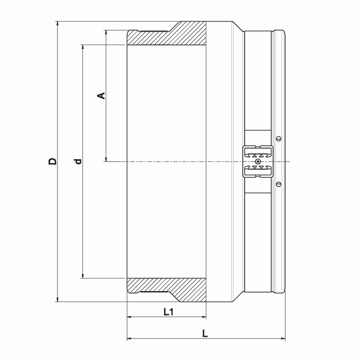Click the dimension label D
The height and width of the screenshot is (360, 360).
(x=52, y=161)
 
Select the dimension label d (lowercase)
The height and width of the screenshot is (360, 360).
(x=78, y=161)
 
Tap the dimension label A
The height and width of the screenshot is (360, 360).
(x=101, y=95)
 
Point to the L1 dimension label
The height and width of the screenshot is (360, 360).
(x=168, y=312)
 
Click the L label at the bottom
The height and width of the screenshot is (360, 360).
(x=205, y=333)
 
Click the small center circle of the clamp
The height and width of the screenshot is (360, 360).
(x=258, y=161)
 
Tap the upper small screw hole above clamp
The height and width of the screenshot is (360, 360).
(x=279, y=139)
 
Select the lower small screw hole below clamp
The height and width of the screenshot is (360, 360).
(x=279, y=184)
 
